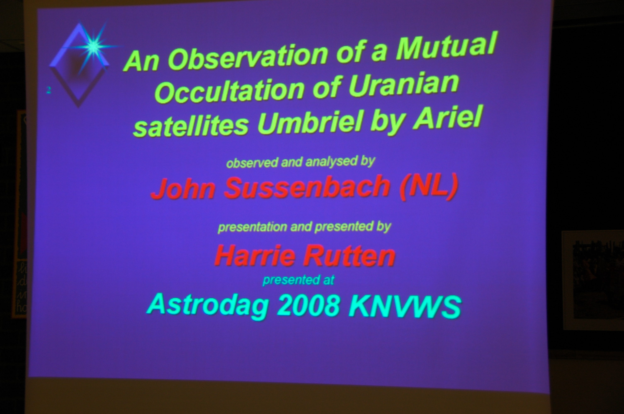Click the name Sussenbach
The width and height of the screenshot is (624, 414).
click(307, 187)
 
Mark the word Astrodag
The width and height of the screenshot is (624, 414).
click(207, 307)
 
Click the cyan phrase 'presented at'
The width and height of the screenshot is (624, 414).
click(298, 280)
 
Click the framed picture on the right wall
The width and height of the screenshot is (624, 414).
click(592, 280)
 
